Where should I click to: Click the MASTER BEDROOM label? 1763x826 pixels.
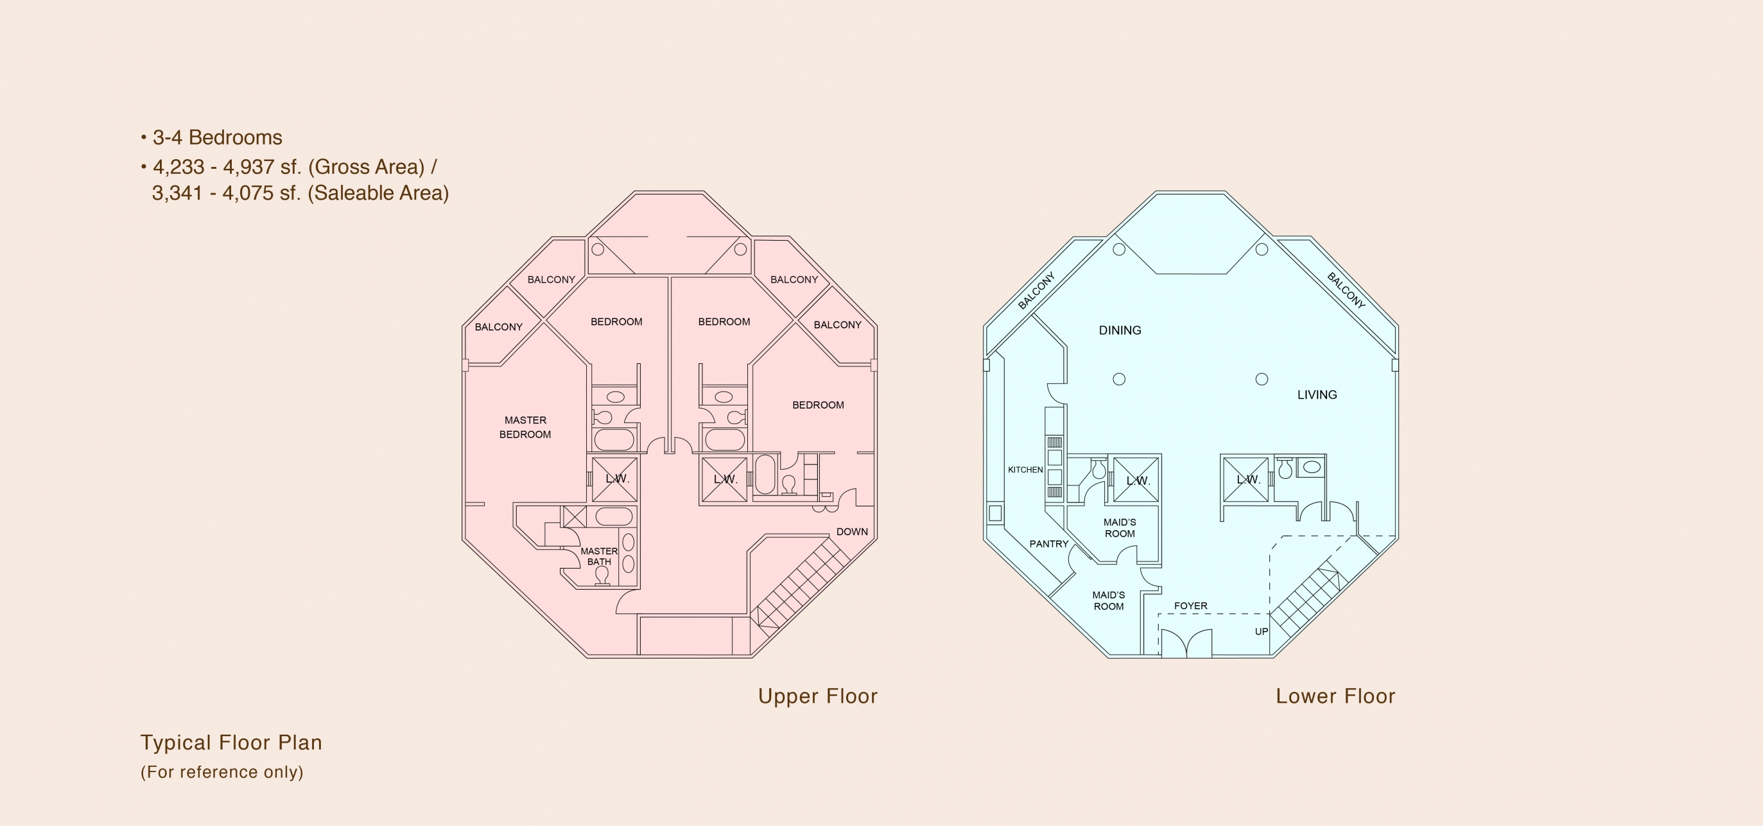coord(525,427)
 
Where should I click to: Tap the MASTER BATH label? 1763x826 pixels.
coord(599,556)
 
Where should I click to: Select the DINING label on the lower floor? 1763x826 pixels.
coord(1120,331)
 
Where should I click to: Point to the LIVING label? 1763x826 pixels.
coord(1317,395)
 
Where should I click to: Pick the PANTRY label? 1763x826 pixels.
coord(1048,544)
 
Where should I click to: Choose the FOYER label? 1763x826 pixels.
coord(1190,606)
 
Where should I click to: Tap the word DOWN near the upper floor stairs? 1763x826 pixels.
coord(852,531)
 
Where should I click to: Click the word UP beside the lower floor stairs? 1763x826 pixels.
coord(1262,632)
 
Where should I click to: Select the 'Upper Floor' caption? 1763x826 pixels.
coord(817,696)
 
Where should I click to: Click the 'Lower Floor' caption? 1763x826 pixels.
coord(1335,696)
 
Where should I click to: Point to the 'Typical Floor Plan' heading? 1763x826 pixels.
coord(231,743)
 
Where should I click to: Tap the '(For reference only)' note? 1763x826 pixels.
coord(221,772)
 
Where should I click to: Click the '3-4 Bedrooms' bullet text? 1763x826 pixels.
coord(217,137)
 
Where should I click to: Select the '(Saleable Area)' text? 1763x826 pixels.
coord(378,193)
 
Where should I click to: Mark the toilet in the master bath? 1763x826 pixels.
coord(602,576)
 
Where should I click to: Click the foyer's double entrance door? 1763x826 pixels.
coord(1186,644)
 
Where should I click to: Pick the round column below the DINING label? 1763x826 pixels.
coord(1119,379)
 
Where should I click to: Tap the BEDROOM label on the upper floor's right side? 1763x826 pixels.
coord(818,405)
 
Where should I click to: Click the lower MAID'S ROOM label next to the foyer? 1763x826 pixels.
coord(1108,601)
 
